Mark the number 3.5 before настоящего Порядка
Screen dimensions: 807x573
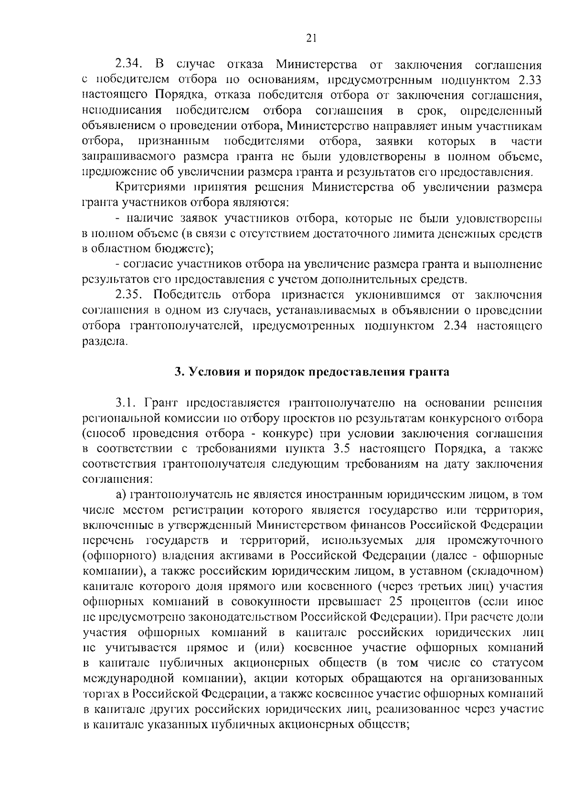pyautogui.click(x=361, y=449)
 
